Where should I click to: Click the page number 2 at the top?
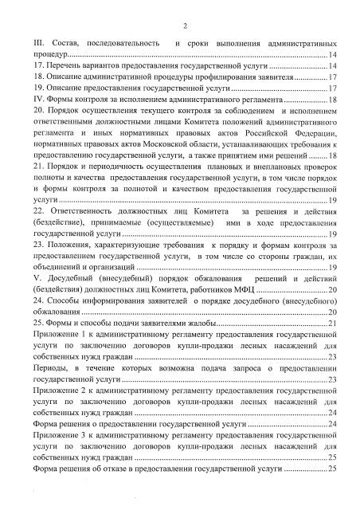183,24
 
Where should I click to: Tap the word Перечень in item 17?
66,65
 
